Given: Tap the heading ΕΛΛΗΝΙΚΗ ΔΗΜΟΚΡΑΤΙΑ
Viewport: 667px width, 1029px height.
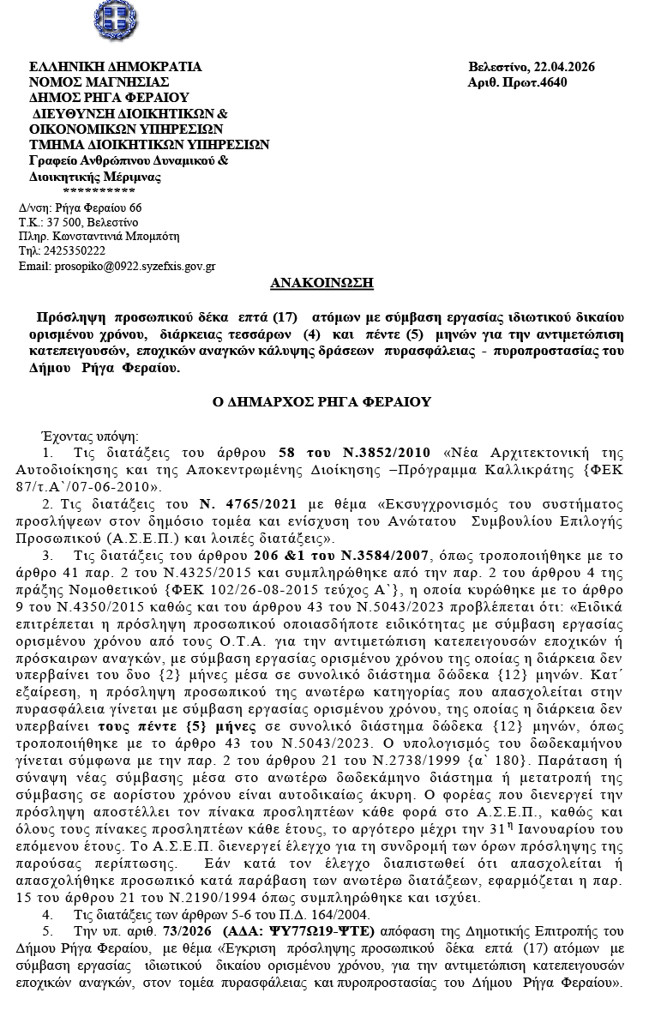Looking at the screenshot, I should point(115,67).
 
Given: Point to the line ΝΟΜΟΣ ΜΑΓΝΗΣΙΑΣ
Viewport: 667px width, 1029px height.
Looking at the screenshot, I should point(99,82).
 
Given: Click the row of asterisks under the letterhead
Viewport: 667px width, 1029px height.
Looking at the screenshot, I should point(99,190).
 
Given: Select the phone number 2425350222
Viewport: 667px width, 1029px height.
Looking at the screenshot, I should point(75,251).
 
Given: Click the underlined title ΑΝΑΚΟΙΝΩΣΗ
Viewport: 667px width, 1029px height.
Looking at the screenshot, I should point(321,283).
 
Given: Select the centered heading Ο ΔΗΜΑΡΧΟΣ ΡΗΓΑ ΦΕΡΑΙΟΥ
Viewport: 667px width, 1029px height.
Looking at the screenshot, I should point(321,401).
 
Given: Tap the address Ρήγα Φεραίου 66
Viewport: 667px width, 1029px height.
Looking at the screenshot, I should point(98,208).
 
